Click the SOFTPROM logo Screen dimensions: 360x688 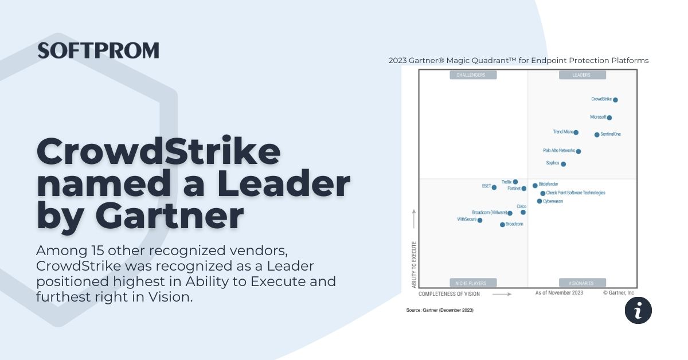pos(98,50)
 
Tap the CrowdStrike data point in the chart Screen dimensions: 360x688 pos(615,100)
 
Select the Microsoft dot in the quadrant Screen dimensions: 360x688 pos(609,118)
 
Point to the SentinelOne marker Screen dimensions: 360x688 pos(597,135)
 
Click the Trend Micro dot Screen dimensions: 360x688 pos(576,132)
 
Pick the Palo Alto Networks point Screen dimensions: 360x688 pos(578,151)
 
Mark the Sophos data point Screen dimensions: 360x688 pos(563,164)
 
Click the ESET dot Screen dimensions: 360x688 pos(494,187)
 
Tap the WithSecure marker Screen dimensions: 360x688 pos(480,220)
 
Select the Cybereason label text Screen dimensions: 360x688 pos(553,201)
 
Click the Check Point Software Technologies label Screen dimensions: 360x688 pos(575,193)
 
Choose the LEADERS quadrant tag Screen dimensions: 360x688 pos(581,75)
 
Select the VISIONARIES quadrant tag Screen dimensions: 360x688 pos(581,283)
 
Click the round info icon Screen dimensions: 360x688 pos(638,310)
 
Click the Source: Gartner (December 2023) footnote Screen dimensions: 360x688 pos(440,310)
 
